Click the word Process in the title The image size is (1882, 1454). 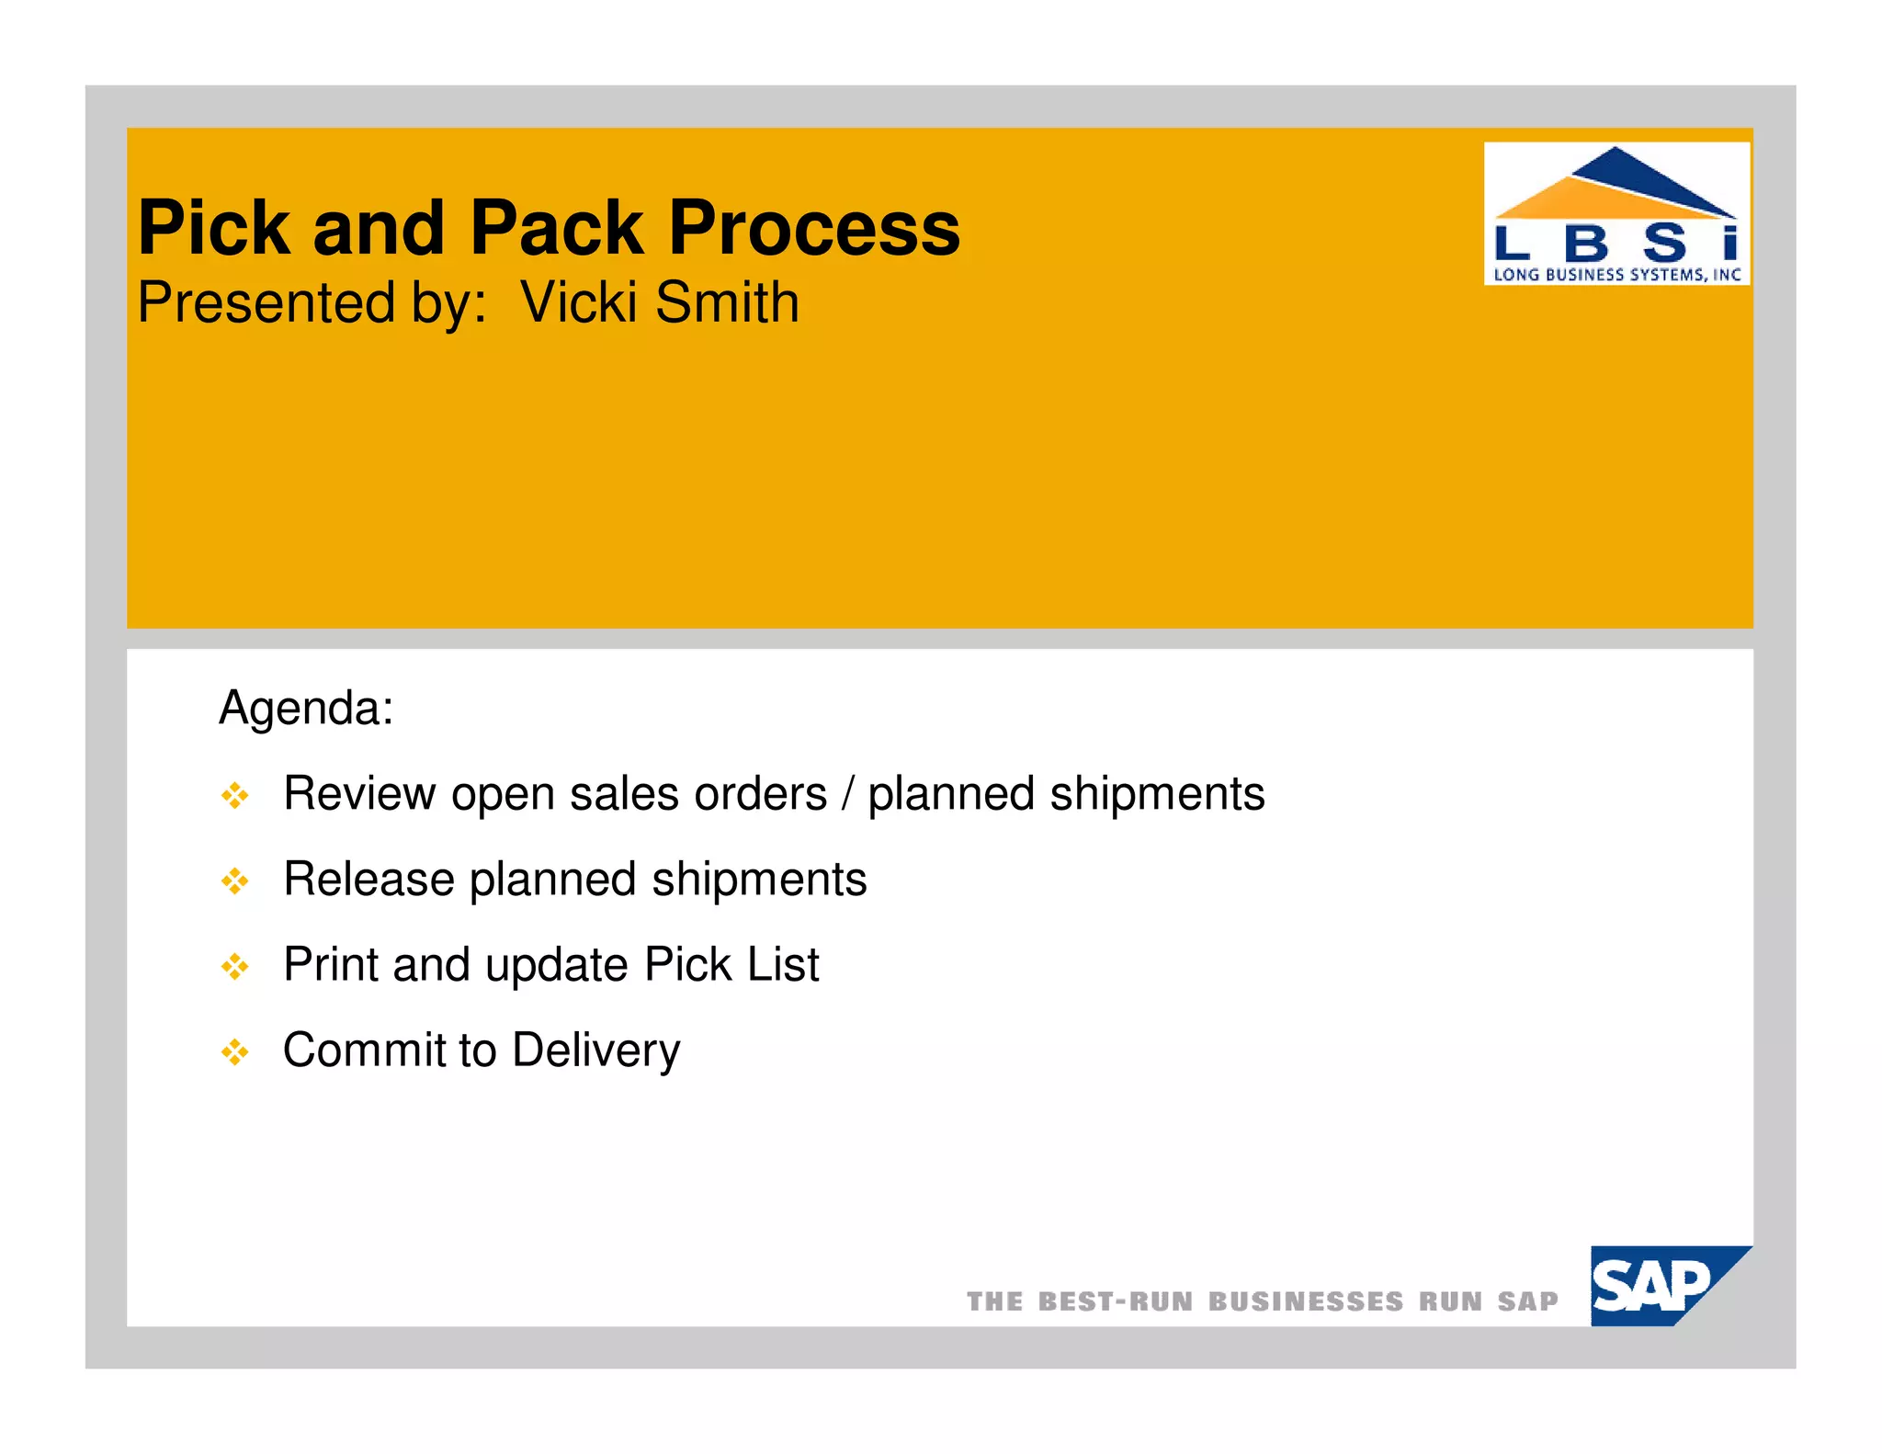point(813,229)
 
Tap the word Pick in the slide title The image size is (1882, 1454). point(214,229)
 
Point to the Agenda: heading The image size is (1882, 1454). point(306,709)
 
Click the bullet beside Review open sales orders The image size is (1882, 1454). point(235,796)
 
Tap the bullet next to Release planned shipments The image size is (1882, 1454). point(235,881)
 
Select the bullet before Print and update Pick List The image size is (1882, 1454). point(235,967)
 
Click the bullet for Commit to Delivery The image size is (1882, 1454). point(235,1052)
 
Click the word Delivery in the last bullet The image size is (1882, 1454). point(596,1051)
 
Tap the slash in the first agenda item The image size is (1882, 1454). point(847,794)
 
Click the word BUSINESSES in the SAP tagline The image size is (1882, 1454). point(1305,1301)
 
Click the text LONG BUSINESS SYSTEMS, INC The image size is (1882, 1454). point(1616,274)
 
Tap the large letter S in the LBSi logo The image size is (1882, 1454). point(1665,244)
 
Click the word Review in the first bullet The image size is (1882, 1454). point(359,794)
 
